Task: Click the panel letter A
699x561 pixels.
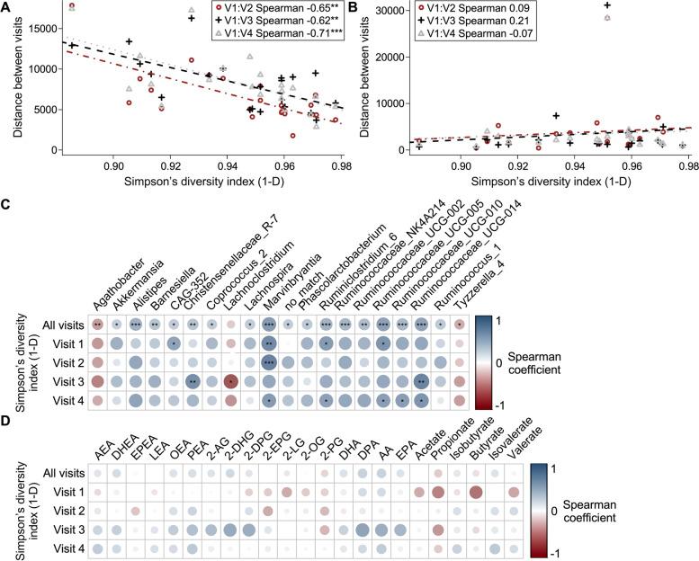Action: pos(7,8)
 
